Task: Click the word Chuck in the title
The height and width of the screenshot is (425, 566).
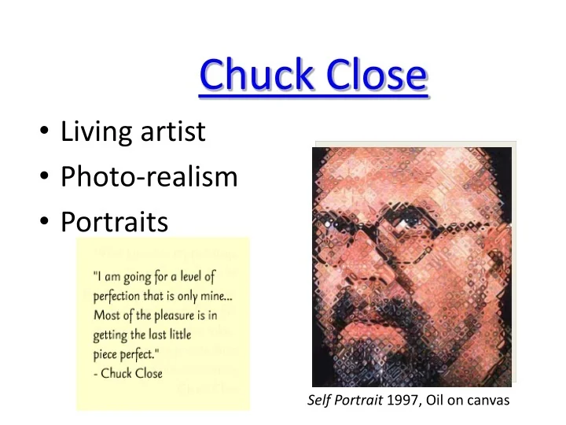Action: pos(251,76)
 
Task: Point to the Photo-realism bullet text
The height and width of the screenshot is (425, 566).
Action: pos(149,177)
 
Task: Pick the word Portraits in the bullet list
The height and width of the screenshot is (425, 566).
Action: pos(114,223)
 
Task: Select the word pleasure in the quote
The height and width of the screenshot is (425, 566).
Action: pos(177,316)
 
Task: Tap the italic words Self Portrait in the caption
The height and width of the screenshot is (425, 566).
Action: pos(344,401)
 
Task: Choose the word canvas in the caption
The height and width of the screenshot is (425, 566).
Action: pos(489,401)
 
